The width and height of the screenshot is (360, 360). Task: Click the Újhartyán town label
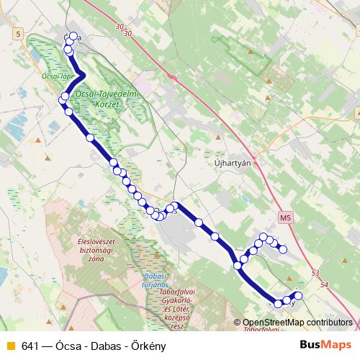[233, 163]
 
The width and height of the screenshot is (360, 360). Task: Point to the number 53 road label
[315, 274]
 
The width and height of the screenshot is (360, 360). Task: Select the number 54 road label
[324, 285]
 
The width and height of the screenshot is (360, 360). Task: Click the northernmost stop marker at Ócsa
[73, 36]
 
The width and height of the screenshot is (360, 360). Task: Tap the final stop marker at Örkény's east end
[298, 296]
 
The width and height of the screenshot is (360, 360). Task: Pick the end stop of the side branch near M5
[283, 249]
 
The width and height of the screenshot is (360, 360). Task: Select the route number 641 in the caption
[30, 345]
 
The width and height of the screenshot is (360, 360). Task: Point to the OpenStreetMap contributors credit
[297, 323]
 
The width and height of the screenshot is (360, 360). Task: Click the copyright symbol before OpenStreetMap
[237, 323]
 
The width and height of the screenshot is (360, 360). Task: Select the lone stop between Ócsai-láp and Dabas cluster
[90, 137]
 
